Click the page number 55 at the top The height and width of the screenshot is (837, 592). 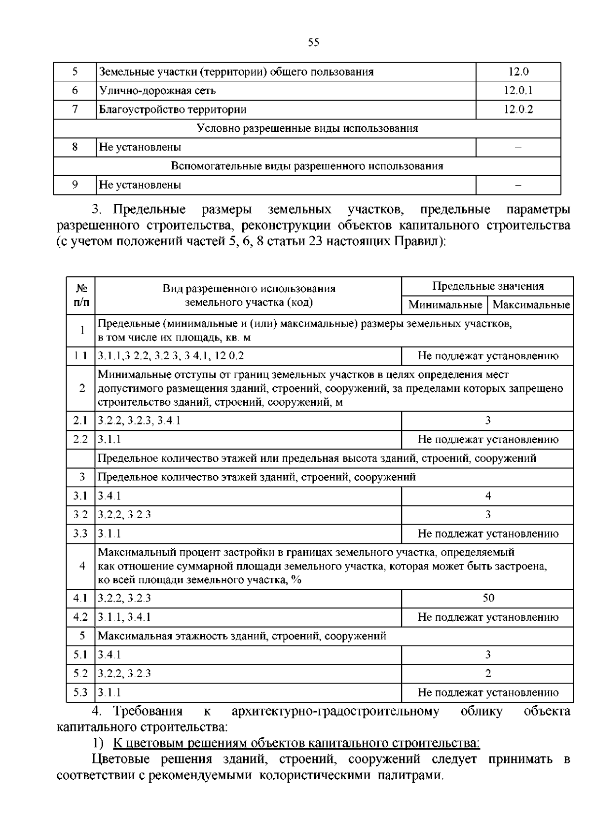click(x=313, y=42)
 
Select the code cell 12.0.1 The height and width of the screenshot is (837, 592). click(x=518, y=90)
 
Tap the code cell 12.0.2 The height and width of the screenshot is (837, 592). click(x=518, y=109)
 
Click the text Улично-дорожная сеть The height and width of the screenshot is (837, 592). click(x=157, y=90)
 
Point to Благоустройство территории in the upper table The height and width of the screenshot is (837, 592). click(x=173, y=109)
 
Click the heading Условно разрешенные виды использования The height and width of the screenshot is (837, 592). click(x=307, y=128)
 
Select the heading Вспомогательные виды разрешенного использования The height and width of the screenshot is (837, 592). click(x=307, y=166)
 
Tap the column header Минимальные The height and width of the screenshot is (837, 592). click(x=445, y=304)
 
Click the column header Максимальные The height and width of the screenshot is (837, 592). click(x=531, y=304)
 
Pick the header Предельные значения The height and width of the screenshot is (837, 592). click(x=488, y=286)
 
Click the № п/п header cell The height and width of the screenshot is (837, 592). click(x=81, y=295)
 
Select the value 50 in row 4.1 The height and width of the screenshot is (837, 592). click(x=488, y=598)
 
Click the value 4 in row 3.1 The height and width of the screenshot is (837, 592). click(x=488, y=495)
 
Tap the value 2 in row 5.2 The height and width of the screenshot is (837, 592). click(x=488, y=673)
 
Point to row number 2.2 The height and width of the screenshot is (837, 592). click(x=80, y=439)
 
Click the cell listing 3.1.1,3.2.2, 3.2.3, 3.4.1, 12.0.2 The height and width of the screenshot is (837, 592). click(x=171, y=356)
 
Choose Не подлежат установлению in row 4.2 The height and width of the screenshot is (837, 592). click(x=488, y=617)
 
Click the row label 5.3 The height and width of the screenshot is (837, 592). click(x=80, y=692)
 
